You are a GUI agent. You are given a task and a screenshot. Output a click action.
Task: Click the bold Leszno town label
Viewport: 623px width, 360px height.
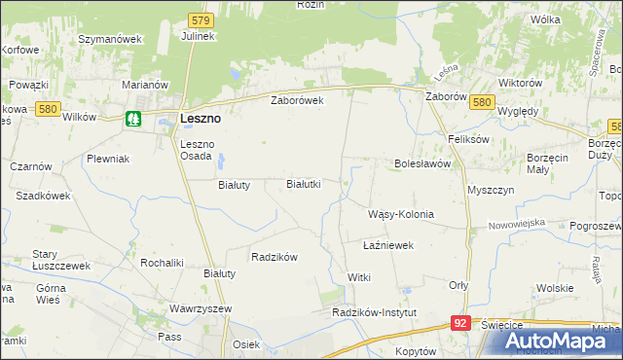click(201, 119)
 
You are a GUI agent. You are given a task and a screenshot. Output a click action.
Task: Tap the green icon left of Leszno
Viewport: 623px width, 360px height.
click(133, 120)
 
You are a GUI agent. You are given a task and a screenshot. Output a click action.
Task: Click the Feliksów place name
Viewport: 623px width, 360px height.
click(468, 139)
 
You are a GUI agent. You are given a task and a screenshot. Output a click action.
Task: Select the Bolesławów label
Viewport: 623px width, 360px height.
click(422, 164)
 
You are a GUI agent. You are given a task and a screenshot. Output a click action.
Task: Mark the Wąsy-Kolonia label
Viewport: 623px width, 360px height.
click(400, 214)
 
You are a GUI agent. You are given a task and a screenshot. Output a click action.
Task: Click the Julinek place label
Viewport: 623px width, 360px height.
click(198, 36)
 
